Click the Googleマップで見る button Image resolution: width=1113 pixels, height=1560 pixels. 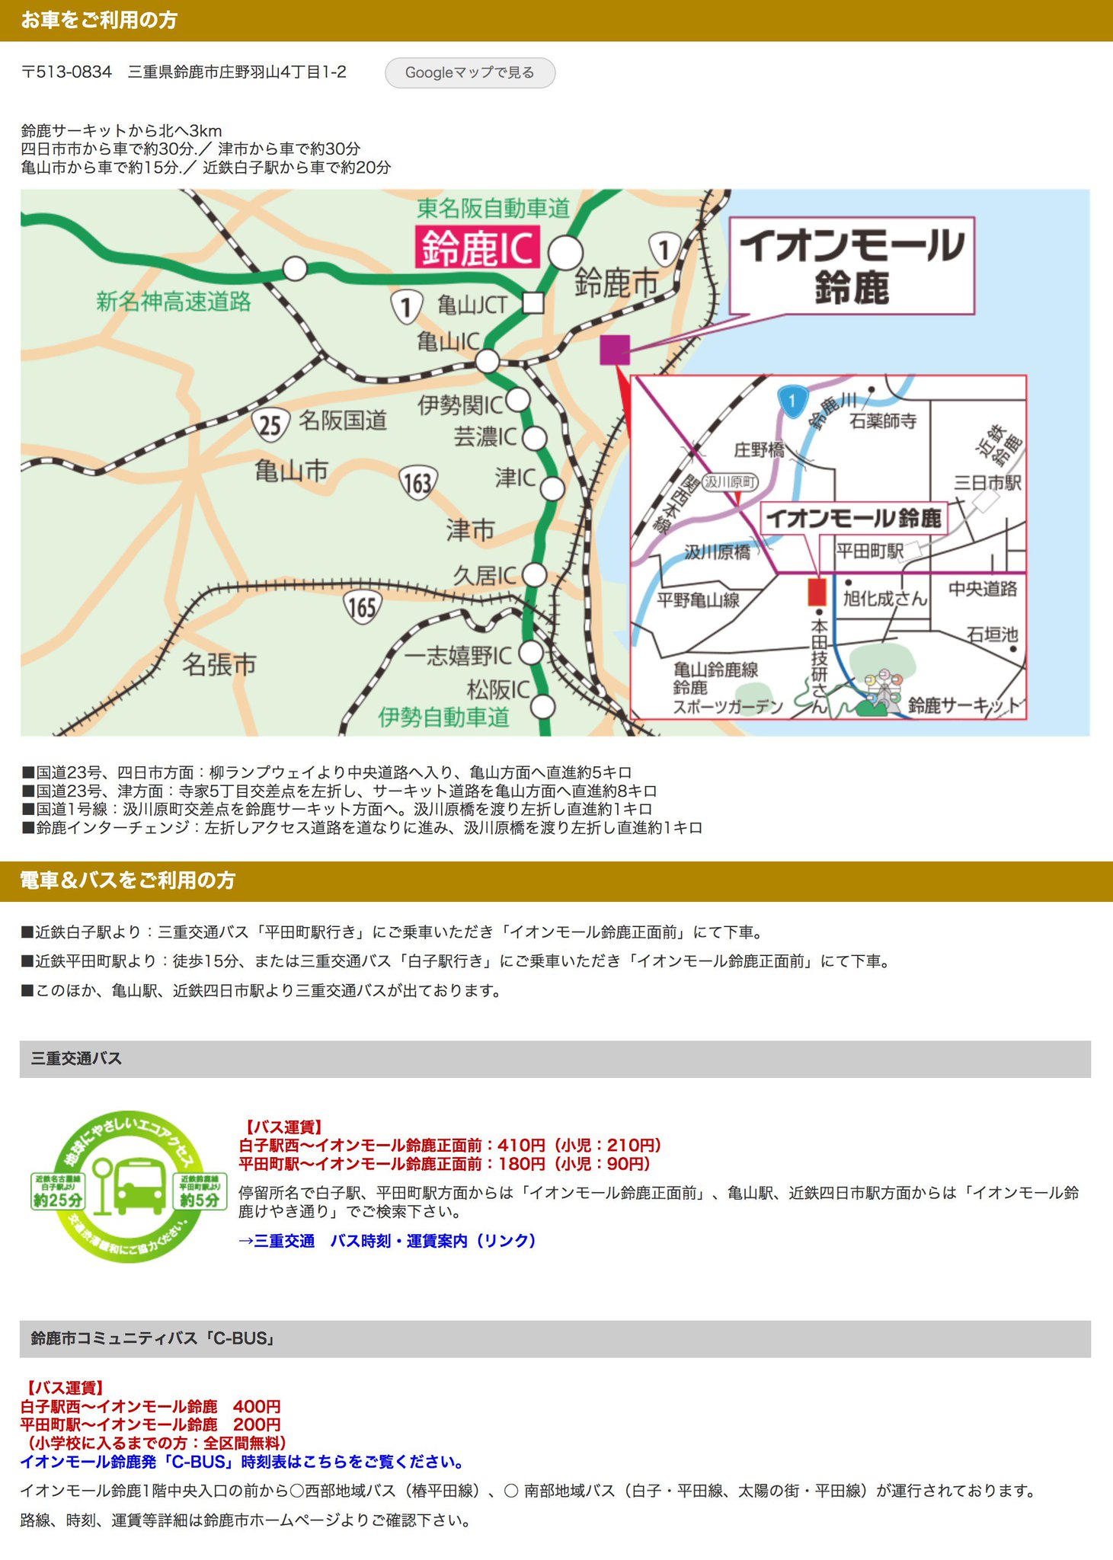[469, 73]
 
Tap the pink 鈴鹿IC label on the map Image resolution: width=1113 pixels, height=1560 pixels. [478, 247]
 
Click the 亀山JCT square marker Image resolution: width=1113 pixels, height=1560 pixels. [533, 303]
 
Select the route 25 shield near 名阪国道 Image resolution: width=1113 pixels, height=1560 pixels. [270, 424]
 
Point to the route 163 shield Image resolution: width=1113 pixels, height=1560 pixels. [417, 482]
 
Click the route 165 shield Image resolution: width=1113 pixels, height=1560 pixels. [362, 606]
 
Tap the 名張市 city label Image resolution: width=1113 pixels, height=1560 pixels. [219, 664]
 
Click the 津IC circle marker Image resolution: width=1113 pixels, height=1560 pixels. [552, 487]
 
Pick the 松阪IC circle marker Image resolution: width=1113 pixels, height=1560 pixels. [542, 706]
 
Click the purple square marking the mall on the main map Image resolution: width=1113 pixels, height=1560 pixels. [615, 350]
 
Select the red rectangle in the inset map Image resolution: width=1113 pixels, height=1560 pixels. [817, 592]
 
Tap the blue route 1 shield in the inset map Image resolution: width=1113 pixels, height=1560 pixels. [793, 400]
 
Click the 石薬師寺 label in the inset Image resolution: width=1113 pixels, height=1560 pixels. [883, 420]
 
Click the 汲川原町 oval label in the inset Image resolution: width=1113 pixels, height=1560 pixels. [730, 482]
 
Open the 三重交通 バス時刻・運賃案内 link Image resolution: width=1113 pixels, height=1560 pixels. [387, 1241]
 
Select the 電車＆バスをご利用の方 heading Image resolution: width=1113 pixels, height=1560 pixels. [128, 881]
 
